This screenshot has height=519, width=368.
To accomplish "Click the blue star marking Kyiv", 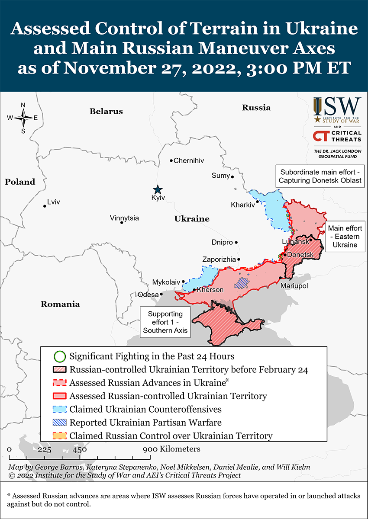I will [x=158, y=189].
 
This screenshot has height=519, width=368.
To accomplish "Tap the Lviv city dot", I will [x=45, y=206].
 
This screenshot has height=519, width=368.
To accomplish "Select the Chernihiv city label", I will [x=188, y=160].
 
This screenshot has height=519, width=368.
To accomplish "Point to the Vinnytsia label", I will [x=124, y=218].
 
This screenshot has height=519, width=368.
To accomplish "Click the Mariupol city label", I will [x=294, y=286].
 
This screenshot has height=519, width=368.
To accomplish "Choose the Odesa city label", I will [x=148, y=295].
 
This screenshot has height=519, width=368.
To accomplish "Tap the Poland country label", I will [x=20, y=182].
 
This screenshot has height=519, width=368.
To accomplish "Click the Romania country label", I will [x=60, y=304].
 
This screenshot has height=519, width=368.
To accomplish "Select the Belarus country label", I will [x=106, y=111].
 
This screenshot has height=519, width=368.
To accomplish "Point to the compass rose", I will [x=23, y=118].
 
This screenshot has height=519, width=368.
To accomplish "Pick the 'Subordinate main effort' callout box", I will [x=320, y=176].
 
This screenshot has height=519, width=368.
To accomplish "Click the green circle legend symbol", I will [x=60, y=357].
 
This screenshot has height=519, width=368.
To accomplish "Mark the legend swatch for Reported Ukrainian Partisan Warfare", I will [x=60, y=423].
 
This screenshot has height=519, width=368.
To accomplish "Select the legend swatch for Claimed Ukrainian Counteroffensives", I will [x=60, y=409].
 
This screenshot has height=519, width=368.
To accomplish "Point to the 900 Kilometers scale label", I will [x=172, y=449].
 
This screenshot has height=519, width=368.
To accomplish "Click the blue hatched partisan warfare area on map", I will [x=242, y=283].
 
